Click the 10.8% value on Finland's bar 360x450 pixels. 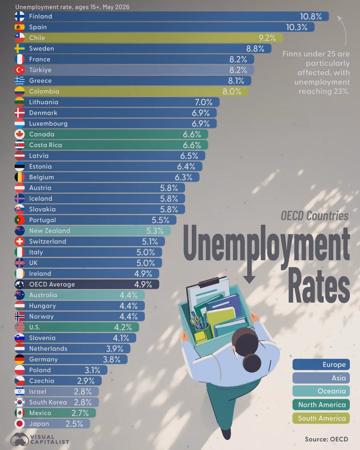coord(311,17)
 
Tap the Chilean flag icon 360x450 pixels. coord(19,38)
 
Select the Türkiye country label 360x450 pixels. coord(40,70)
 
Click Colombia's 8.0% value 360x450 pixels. coord(232,91)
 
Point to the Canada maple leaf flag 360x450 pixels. coord(19,134)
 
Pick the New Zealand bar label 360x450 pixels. coord(50,231)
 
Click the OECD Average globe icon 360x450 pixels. coord(19,284)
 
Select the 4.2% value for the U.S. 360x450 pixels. coord(123,327)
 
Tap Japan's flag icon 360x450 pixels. coord(19,424)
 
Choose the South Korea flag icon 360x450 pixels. coord(19,402)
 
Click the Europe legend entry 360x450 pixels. coord(321,364)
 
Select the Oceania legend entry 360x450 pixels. coord(321,391)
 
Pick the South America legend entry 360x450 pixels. coord(321,418)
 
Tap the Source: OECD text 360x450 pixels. coord(326,439)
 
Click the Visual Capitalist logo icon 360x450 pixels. coord(19,439)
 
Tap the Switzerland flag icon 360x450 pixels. coord(19,241)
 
